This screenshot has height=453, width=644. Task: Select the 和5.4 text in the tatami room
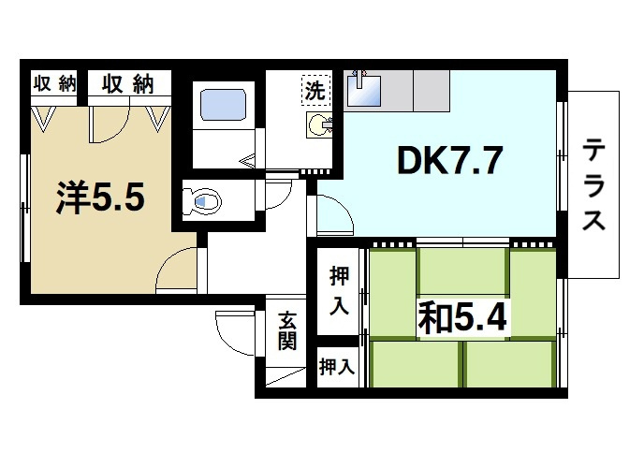[x=462, y=319]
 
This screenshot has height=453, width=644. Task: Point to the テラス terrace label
[x=593, y=184]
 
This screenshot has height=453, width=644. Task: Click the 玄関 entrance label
[x=287, y=329]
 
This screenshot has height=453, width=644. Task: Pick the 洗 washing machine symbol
[x=315, y=91]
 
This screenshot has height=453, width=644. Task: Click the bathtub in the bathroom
[x=222, y=103]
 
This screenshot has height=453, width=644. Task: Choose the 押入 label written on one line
[x=336, y=367]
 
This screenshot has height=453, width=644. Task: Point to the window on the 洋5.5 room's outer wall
[x=25, y=205]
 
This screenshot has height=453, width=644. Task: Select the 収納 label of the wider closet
[x=127, y=84]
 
